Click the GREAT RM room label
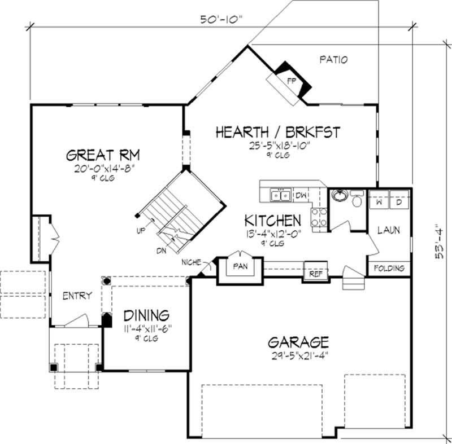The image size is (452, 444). pos(103,155)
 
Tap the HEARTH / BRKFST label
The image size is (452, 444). pos(278,132)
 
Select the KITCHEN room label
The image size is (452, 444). pos(272,219)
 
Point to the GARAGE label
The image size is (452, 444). pos(298,342)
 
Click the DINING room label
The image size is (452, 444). pos(146,314)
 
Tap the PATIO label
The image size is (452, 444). pos(333,59)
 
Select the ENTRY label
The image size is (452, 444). pos(77,296)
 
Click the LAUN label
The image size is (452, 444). pos(389,230)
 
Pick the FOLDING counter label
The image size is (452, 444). pos(389,268)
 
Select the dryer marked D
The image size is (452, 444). pos(399,201)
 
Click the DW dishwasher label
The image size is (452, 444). pos(301,195)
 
